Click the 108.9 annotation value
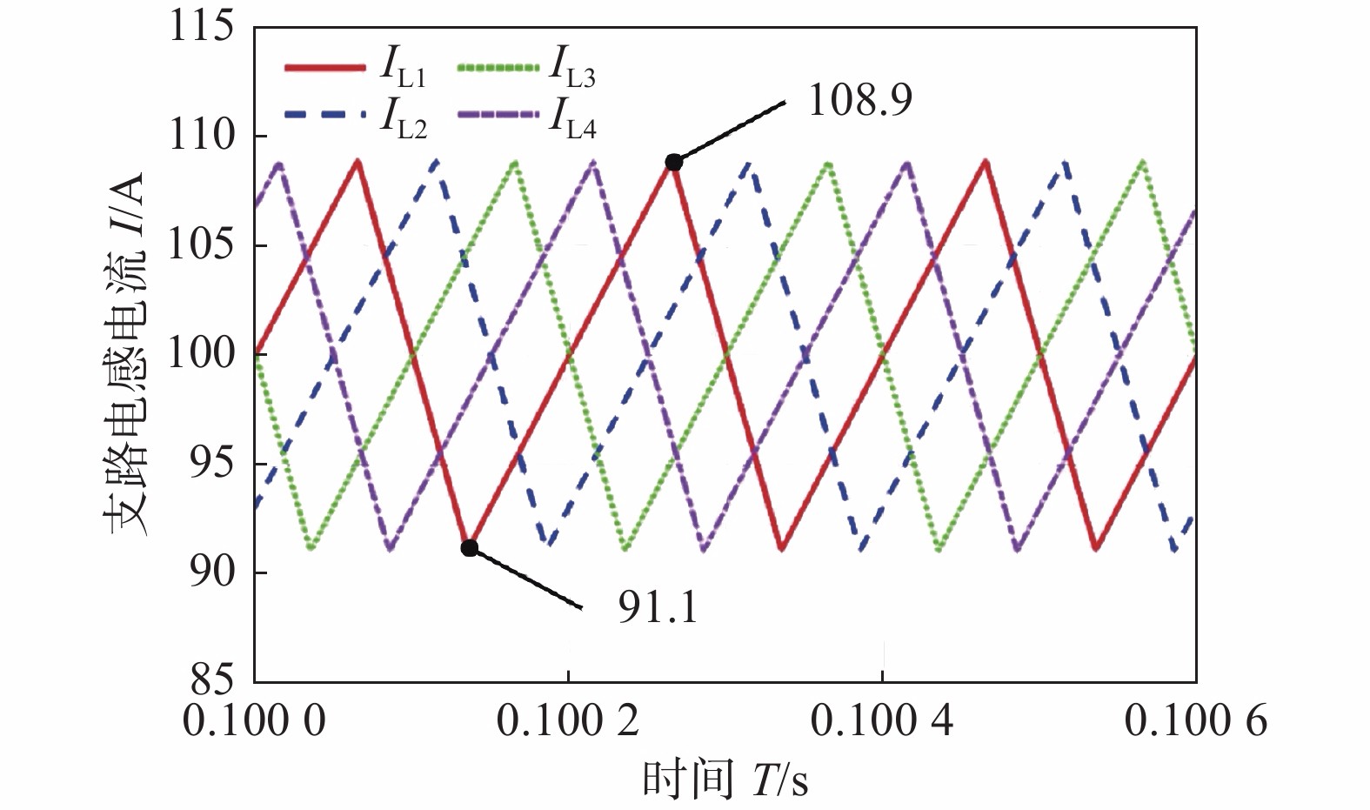click(859, 101)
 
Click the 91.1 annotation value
click(658, 607)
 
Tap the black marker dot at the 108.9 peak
click(673, 162)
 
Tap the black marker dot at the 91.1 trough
click(470, 547)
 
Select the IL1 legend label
click(402, 68)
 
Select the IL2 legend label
click(402, 120)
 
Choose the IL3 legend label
click(571, 68)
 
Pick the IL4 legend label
click(571, 120)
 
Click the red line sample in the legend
click(324, 67)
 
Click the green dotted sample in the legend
click(496, 67)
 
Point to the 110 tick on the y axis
click(201, 136)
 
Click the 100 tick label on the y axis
click(201, 354)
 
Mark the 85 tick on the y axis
click(213, 679)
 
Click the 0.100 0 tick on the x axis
click(254, 721)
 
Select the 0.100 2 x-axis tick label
click(568, 721)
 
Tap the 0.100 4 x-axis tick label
click(882, 721)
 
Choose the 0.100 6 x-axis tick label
click(1196, 721)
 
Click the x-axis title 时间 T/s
click(725, 779)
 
